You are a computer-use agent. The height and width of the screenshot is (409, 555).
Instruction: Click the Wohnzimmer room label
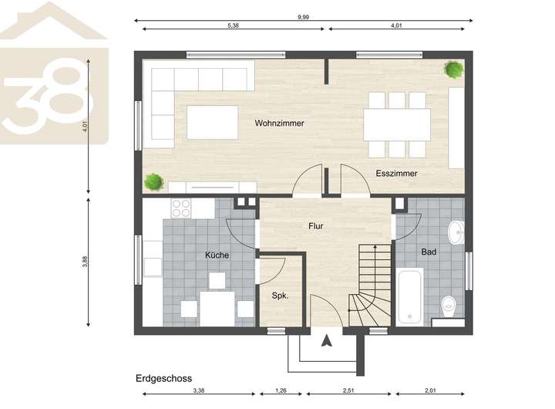pyautogui.click(x=279, y=123)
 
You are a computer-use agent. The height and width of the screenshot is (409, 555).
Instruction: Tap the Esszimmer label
pyautogui.click(x=396, y=174)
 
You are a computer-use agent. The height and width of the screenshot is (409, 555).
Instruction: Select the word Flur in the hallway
pyautogui.click(x=316, y=226)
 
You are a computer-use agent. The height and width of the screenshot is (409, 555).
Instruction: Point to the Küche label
pyautogui.click(x=217, y=255)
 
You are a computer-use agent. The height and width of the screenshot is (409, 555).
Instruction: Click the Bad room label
pyautogui.click(x=429, y=252)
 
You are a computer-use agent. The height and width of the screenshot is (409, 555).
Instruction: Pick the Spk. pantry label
pyautogui.click(x=280, y=296)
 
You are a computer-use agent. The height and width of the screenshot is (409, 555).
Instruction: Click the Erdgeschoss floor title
pyautogui.click(x=164, y=378)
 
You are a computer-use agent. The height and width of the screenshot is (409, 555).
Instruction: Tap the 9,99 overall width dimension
pyautogui.click(x=304, y=17)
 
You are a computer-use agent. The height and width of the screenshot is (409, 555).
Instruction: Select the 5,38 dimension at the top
pyautogui.click(x=233, y=25)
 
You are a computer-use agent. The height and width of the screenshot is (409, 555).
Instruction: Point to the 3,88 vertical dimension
pyautogui.click(x=85, y=261)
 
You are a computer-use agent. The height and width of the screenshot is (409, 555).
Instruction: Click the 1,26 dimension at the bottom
pyautogui.click(x=281, y=390)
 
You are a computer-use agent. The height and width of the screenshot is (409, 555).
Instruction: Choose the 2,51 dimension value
pyautogui.click(x=348, y=390)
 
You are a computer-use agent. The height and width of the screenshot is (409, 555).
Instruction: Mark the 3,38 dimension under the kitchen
pyautogui.click(x=199, y=390)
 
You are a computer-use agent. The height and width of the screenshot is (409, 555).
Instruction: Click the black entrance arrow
pyautogui.click(x=326, y=341)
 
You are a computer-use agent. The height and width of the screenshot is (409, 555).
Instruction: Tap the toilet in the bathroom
pyautogui.click(x=449, y=306)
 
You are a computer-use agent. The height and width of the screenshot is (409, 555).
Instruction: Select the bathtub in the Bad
pyautogui.click(x=410, y=297)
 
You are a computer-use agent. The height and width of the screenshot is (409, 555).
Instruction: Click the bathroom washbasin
pyautogui.click(x=456, y=232)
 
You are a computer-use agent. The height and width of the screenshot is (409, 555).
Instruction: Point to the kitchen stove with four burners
pyautogui.click(x=181, y=208)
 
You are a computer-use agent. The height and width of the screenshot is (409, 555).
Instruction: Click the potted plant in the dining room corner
pyautogui.click(x=453, y=69)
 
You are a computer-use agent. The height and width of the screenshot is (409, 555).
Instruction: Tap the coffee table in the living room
pyautogui.click(x=213, y=122)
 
